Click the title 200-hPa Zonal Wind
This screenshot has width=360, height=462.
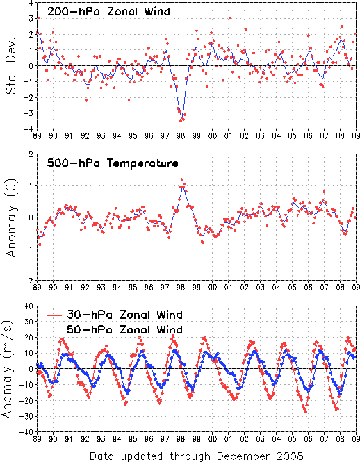click(x=108, y=12)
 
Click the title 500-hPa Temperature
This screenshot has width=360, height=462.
click(x=113, y=163)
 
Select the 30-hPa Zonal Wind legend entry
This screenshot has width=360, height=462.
click(x=115, y=315)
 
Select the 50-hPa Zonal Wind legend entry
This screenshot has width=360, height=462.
click(x=115, y=329)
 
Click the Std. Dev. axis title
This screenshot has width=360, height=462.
click(x=11, y=65)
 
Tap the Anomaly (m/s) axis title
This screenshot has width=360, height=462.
click(x=8, y=369)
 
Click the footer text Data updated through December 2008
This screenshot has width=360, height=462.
click(x=197, y=456)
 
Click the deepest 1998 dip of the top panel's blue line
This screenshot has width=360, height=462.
click(x=182, y=115)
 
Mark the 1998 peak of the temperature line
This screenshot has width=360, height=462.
click(x=182, y=186)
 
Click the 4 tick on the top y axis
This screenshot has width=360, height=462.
click(x=31, y=3)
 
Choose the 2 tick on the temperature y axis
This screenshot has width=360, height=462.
click(x=31, y=154)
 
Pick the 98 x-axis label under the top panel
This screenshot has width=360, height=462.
click(x=181, y=136)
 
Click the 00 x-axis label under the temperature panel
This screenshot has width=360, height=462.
click(x=212, y=288)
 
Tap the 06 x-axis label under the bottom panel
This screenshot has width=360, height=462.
click(x=308, y=438)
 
